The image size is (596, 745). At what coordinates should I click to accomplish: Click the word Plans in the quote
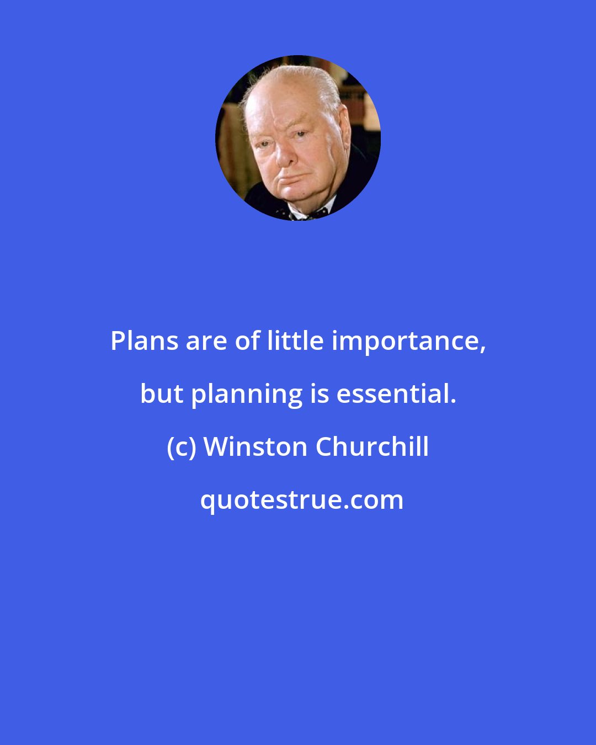click(145, 342)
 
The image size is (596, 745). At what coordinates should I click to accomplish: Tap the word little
click(296, 342)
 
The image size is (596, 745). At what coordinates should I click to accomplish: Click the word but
click(162, 394)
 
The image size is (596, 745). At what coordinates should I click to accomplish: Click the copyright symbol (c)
click(182, 447)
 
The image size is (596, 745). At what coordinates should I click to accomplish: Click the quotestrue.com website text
click(301, 501)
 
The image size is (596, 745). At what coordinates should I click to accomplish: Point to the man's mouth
click(290, 178)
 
